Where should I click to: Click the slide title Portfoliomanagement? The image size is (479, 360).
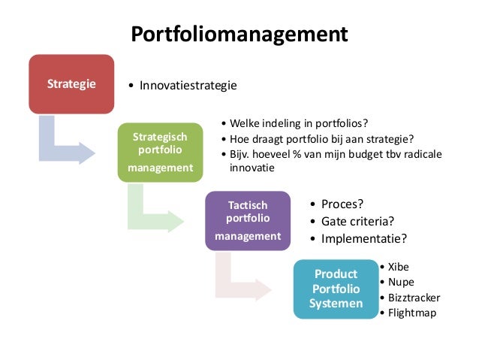[x=239, y=35]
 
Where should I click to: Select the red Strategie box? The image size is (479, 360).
[x=71, y=83]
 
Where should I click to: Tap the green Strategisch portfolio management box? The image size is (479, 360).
[x=160, y=152]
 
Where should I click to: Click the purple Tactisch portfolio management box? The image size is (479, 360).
[x=247, y=220]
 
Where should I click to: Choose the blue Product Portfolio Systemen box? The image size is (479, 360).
[x=336, y=289]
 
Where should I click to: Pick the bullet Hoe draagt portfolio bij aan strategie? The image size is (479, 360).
[x=321, y=138]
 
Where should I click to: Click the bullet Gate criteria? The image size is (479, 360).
[x=357, y=221]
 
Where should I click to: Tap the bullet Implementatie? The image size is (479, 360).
[x=364, y=238]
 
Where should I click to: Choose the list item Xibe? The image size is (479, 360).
[x=399, y=267]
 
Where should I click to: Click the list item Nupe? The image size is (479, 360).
[x=401, y=282]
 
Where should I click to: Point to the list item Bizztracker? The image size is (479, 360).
[x=414, y=297]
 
